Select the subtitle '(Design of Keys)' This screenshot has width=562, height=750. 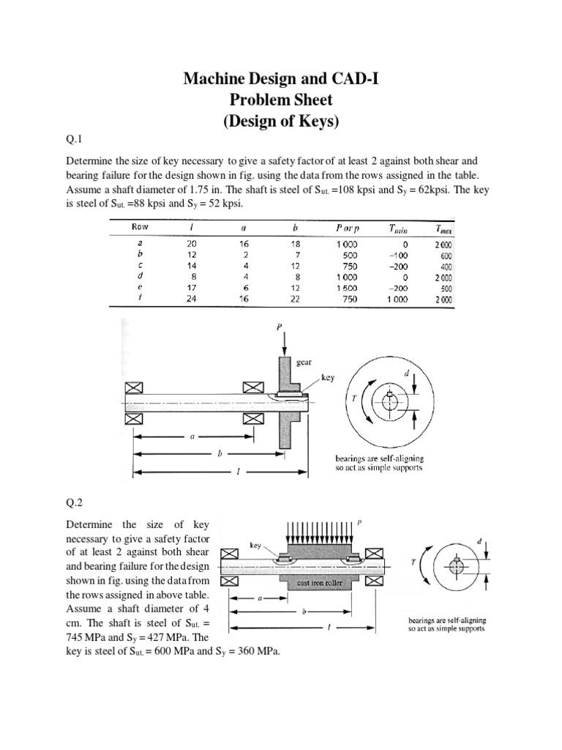click(281, 122)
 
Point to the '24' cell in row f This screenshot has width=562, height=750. click(192, 299)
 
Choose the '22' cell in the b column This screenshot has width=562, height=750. click(294, 299)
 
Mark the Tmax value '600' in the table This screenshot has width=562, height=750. click(445, 256)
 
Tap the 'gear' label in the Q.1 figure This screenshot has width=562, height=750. click(306, 361)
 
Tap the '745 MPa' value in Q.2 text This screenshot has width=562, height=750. click(82, 636)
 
